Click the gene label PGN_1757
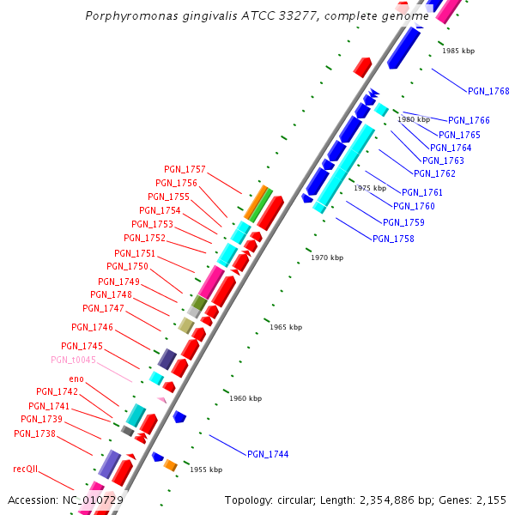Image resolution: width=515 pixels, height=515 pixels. (x=185, y=169)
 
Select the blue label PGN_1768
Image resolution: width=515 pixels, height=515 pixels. (x=488, y=91)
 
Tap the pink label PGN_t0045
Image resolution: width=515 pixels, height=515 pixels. (x=73, y=360)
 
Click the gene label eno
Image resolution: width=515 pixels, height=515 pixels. (x=76, y=379)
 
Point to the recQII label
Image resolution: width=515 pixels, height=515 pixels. (x=26, y=470)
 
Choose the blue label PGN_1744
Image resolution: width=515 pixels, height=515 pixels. (x=268, y=454)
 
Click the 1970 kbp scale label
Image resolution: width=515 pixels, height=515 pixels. (x=327, y=257)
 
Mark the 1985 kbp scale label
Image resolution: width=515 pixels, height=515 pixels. (x=458, y=51)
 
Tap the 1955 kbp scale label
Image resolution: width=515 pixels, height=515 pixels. (x=206, y=470)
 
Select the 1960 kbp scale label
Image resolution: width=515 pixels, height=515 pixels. (x=245, y=398)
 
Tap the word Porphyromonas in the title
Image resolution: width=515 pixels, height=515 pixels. (x=125, y=15)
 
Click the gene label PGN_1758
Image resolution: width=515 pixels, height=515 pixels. (x=393, y=239)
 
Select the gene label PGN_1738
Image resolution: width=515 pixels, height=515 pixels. (x=34, y=433)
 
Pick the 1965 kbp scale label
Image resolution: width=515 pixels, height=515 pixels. (x=286, y=327)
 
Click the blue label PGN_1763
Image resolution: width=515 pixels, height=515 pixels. (x=443, y=161)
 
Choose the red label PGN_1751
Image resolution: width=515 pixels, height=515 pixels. (x=135, y=253)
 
